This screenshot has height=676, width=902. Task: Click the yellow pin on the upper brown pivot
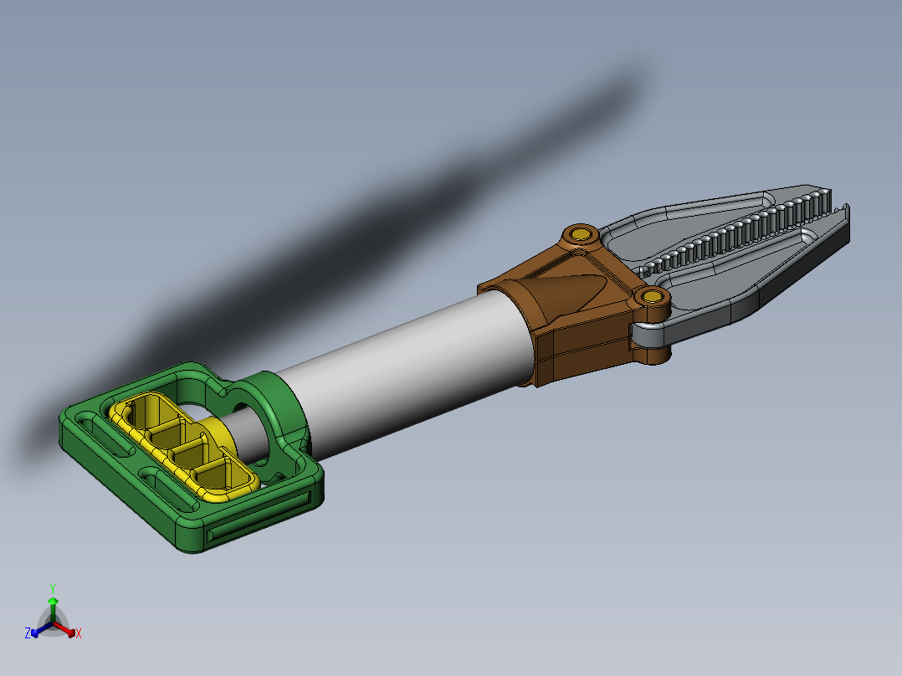point(581,233)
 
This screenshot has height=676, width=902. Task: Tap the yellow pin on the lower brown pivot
point(653,297)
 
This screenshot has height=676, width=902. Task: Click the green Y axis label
point(53,588)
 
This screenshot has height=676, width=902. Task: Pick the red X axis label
point(79,633)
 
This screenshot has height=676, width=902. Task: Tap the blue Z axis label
point(27,632)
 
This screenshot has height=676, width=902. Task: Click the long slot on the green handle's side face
point(259,517)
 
